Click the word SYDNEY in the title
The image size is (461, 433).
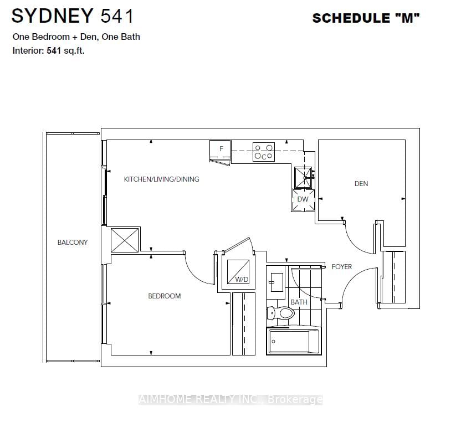click(53, 16)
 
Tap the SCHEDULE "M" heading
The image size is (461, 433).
click(366, 18)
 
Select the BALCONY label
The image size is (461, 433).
click(73, 243)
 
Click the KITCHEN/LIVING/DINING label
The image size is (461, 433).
click(161, 179)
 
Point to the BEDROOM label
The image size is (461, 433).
click(164, 296)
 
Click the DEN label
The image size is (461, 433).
click(361, 184)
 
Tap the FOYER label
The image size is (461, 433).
click(342, 267)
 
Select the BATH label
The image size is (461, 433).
click(299, 302)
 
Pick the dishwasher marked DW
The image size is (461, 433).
click(303, 199)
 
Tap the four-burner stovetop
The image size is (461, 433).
click(263, 152)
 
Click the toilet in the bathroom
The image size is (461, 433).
click(281, 313)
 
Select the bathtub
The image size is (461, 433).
click(294, 341)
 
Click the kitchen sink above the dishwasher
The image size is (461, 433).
click(303, 177)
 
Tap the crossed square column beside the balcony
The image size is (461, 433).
click(125, 240)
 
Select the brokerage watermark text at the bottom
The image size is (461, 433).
click(230, 399)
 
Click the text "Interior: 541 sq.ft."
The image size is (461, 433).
click(49, 50)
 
